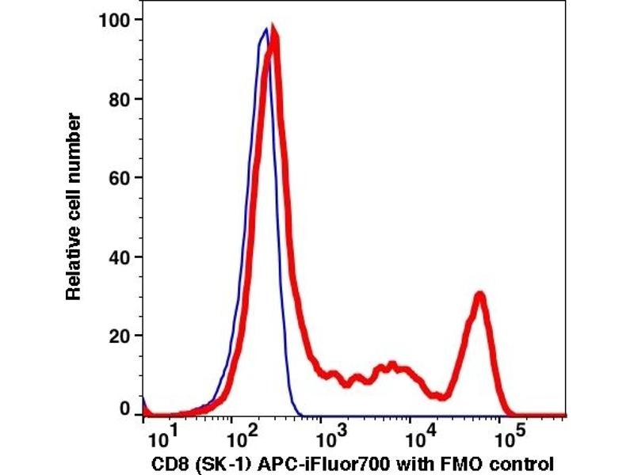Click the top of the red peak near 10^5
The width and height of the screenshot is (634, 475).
(479, 294)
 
